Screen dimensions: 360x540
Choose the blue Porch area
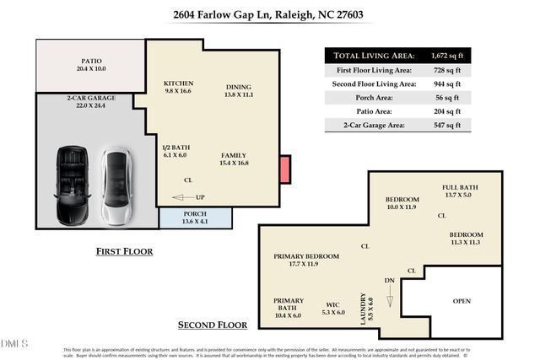pyautogui.click(x=196, y=218)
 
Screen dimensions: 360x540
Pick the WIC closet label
pyautogui.click(x=332, y=308)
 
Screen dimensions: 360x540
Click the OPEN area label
pyautogui.click(x=462, y=301)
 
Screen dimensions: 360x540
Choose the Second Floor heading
pyautogui.click(x=212, y=325)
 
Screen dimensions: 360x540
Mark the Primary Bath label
pyautogui.click(x=289, y=307)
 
